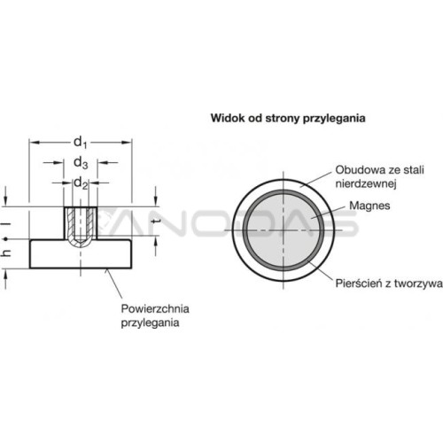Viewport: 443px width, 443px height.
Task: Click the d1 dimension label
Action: [81, 143]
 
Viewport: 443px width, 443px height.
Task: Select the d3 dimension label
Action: [81, 163]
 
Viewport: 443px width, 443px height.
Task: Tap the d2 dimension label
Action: [81, 183]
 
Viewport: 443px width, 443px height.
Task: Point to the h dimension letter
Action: [6, 253]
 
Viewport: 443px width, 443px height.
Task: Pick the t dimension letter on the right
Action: [155, 221]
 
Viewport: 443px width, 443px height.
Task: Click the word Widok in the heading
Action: [228, 118]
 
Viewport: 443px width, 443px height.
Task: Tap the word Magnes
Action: [369, 206]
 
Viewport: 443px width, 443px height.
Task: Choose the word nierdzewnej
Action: [366, 183]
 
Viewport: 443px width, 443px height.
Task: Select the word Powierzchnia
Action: [155, 309]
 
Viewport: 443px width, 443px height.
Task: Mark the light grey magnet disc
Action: [284, 230]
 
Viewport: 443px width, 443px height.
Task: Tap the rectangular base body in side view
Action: [81, 254]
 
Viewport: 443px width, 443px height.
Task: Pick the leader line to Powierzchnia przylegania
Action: [114, 284]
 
